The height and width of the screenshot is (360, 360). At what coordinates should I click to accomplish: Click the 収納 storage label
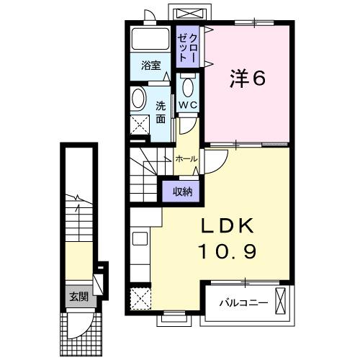pyautogui.click(x=181, y=191)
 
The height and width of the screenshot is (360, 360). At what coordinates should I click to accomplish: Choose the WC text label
pyautogui.click(x=188, y=106)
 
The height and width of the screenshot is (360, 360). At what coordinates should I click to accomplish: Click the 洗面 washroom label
pyautogui.click(x=161, y=112)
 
